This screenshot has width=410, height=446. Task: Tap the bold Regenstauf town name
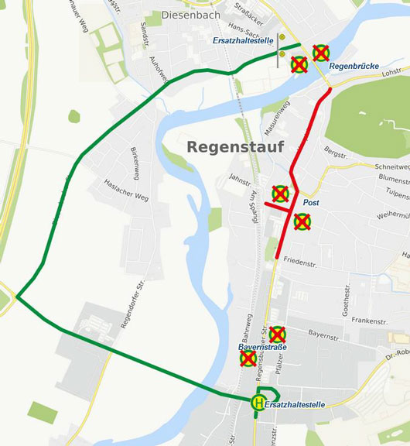click(x=236, y=146)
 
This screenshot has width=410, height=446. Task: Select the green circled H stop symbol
click(x=258, y=402)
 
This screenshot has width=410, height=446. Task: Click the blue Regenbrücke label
click(x=354, y=67)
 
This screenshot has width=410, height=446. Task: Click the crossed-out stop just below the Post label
click(x=302, y=222)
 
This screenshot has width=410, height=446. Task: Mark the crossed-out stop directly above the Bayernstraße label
click(x=278, y=334)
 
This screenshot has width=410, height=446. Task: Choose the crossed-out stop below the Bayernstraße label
click(x=248, y=359)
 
